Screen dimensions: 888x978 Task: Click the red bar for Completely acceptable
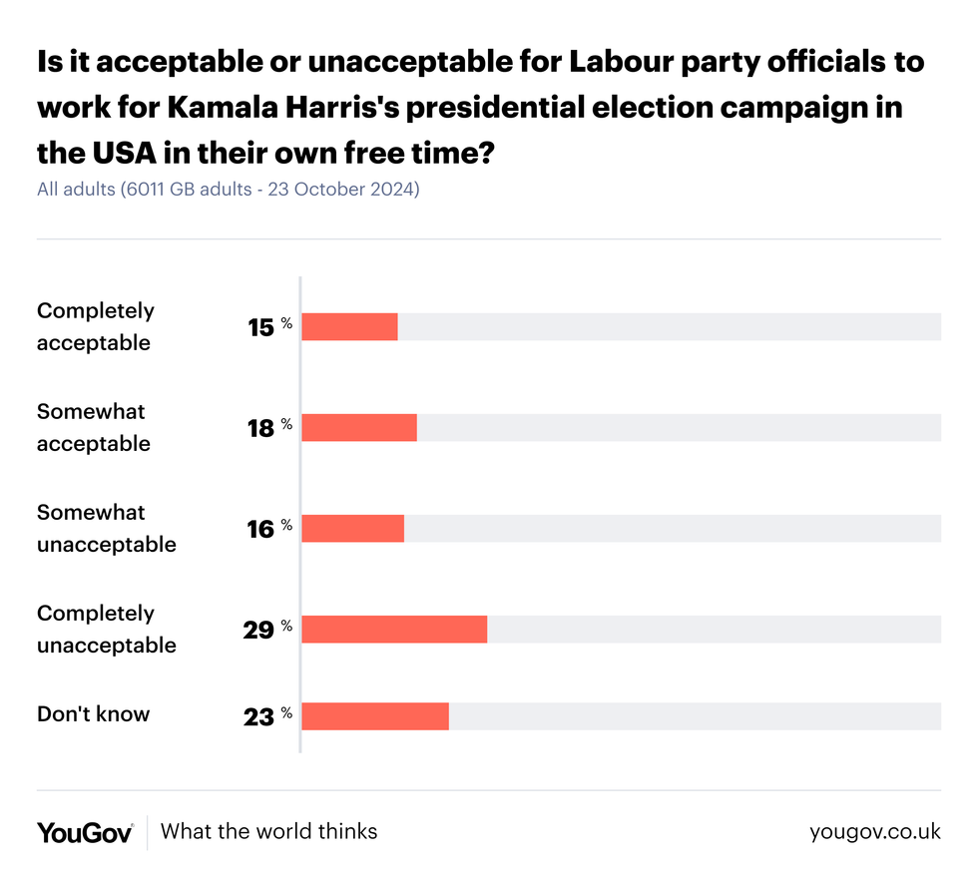coord(349,326)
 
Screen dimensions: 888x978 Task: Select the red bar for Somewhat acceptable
coord(359,427)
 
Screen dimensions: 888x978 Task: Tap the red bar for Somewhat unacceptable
coord(352,528)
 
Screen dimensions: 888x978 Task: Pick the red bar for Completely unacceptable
coord(394,629)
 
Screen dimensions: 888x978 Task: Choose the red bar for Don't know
coord(375,716)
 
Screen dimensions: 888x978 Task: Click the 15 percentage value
coord(261,327)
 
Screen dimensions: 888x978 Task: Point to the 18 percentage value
coord(261,428)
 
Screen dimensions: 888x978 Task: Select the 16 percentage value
coord(261,529)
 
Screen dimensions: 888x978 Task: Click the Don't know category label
coord(93,714)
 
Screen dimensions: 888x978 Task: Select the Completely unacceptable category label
coord(106,629)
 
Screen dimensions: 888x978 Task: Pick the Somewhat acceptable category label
coord(93,427)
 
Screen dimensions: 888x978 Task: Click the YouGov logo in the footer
coord(85,832)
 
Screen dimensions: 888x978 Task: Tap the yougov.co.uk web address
coord(874,832)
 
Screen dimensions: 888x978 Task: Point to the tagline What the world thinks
coord(268,831)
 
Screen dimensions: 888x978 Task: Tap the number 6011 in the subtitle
coord(148,189)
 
